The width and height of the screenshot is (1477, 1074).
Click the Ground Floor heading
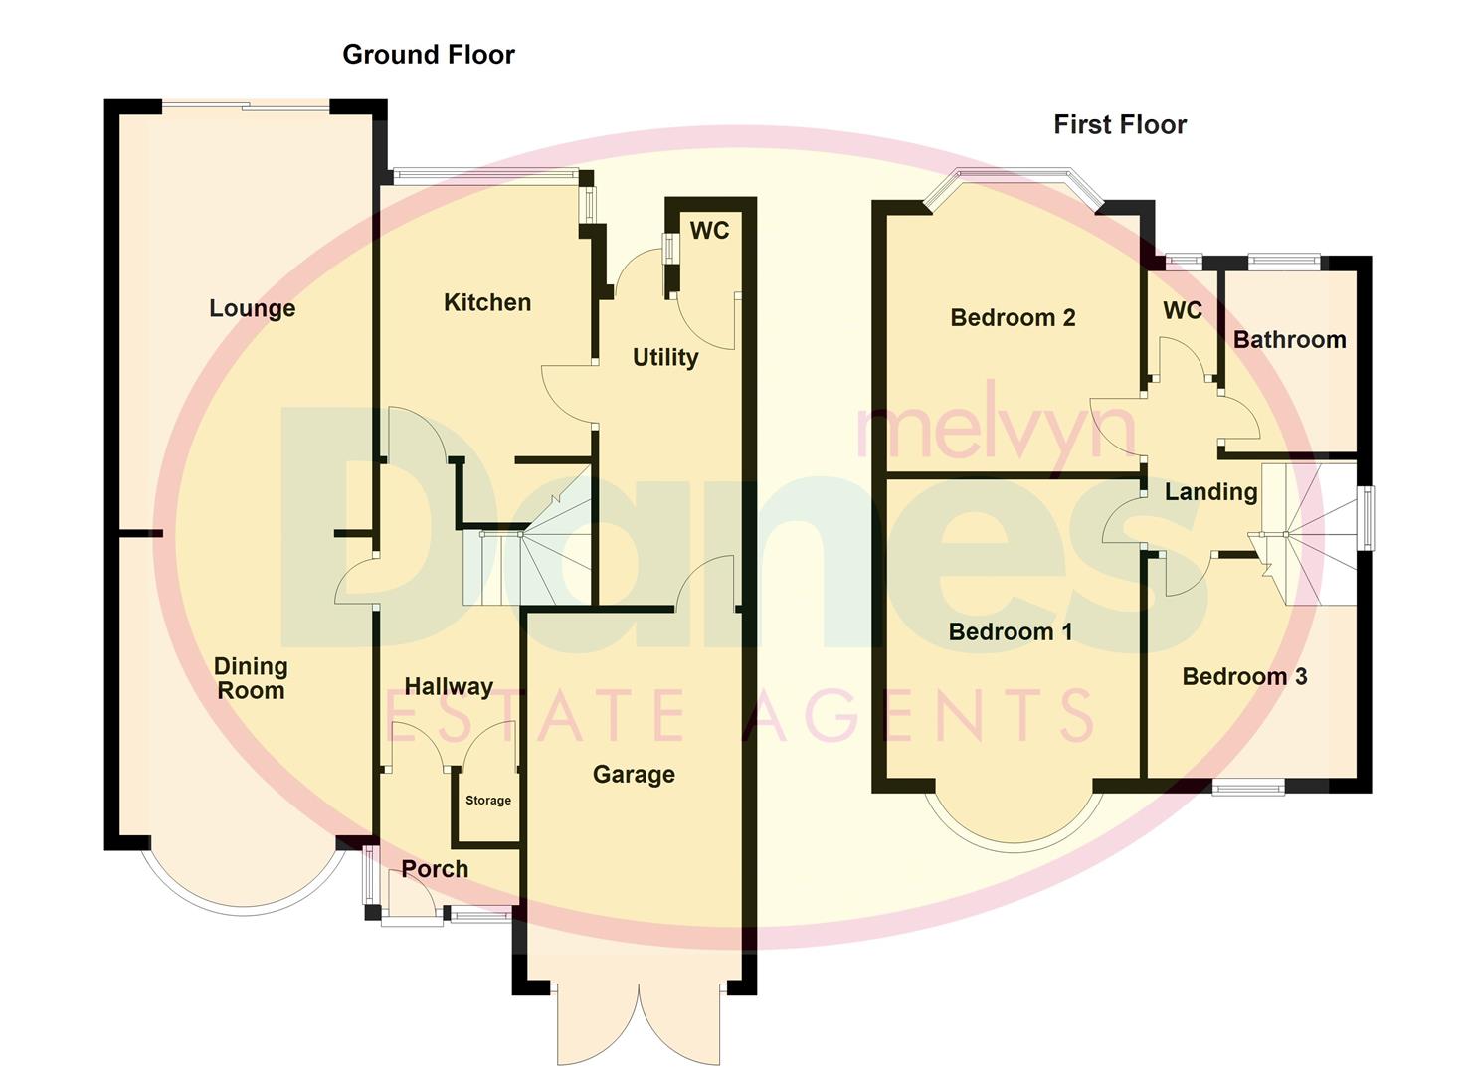pos(429,55)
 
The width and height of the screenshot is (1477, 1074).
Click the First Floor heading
pos(1120,125)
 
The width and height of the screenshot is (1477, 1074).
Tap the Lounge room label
pos(252,308)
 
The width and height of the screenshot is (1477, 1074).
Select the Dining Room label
pos(251,678)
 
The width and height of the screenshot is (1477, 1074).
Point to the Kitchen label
pos(486,302)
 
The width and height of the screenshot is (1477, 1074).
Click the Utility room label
pos(665,357)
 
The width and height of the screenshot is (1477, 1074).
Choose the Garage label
pos(634,774)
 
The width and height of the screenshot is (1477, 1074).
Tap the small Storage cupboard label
pos(488,801)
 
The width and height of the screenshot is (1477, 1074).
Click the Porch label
pos(435,869)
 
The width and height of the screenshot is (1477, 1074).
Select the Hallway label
pos(449,686)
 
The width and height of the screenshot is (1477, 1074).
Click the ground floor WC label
pos(709,231)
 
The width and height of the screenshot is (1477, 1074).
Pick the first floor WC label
pos(1183,311)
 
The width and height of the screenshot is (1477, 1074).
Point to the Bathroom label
pos(1289,340)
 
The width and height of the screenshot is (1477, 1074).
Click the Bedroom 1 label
pos(1010,632)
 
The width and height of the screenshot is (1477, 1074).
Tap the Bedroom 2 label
pos(1013,318)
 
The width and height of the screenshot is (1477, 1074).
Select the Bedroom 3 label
pos(1244,677)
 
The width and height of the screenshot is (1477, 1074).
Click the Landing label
pos(1210,492)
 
